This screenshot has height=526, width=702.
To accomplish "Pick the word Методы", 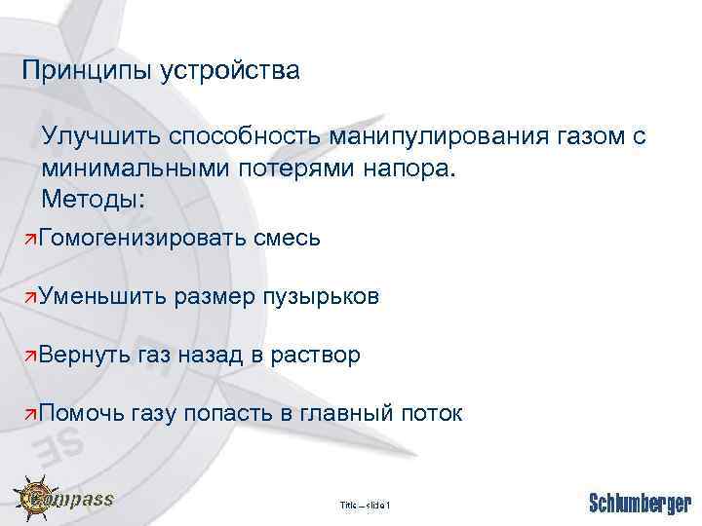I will point(94,199).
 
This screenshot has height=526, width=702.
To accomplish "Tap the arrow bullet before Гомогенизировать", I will point(32,239).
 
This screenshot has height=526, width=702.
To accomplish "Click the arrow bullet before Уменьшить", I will point(32,297).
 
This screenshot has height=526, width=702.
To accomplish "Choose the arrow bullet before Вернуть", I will point(32,356).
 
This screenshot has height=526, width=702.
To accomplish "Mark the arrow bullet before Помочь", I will point(32,414).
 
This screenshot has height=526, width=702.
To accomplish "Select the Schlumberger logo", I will point(641,503).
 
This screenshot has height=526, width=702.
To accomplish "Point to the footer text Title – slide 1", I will point(365,505).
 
